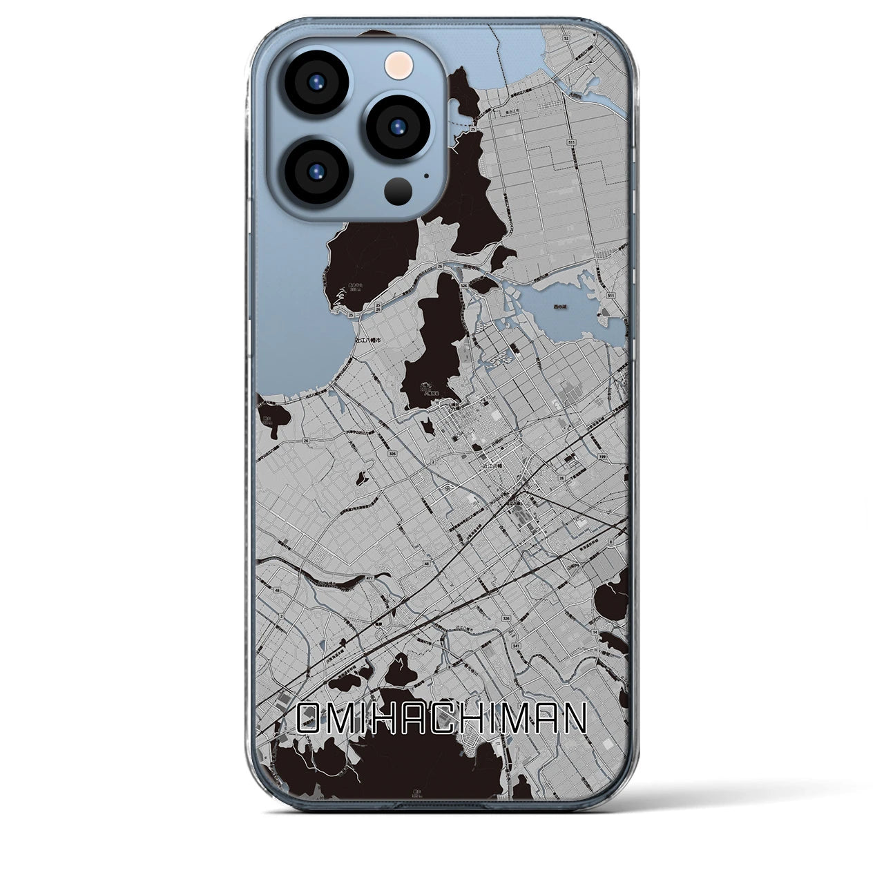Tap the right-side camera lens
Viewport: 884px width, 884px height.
tap(398, 126)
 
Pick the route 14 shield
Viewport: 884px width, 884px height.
tap(595, 631)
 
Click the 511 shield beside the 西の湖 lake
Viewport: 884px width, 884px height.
tap(610, 295)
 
